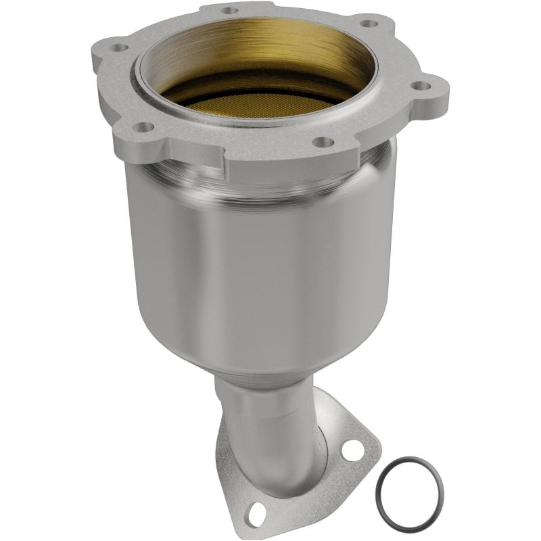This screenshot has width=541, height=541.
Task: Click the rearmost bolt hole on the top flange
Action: tap(230, 11)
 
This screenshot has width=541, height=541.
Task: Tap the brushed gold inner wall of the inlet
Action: tap(270, 41)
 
